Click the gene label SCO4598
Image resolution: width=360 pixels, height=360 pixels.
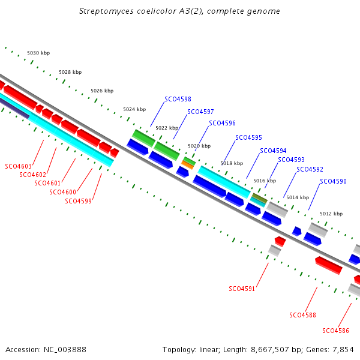pos(178,99)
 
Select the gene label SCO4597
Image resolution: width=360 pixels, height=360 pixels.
pos(200,112)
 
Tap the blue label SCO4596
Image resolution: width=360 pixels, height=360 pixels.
pos(222,123)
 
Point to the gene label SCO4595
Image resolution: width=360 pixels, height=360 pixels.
pos(248,137)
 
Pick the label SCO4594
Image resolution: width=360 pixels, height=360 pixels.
pos(273,151)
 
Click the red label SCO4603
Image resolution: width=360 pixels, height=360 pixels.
pos(18,166)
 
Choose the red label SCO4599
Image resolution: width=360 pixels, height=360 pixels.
pos(78,201)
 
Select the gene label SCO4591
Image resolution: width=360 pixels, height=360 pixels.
pos(242,289)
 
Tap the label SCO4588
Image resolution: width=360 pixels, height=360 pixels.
pos(302,315)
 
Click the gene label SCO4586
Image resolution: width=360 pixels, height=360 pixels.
pos(335,331)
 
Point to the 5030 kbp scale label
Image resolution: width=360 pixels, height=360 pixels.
pos(38,53)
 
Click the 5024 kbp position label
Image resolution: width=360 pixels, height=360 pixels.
pos(134,109)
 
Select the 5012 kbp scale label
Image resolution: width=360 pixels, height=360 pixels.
pos(331,214)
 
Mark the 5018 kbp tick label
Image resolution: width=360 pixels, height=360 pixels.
pos(232,163)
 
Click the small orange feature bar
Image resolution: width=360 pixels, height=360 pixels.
pos(188,165)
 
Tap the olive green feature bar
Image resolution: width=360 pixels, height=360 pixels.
pos(260,198)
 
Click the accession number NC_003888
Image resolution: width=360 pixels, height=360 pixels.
pos(65,350)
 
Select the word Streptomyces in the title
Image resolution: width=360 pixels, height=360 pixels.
pos(106,11)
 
